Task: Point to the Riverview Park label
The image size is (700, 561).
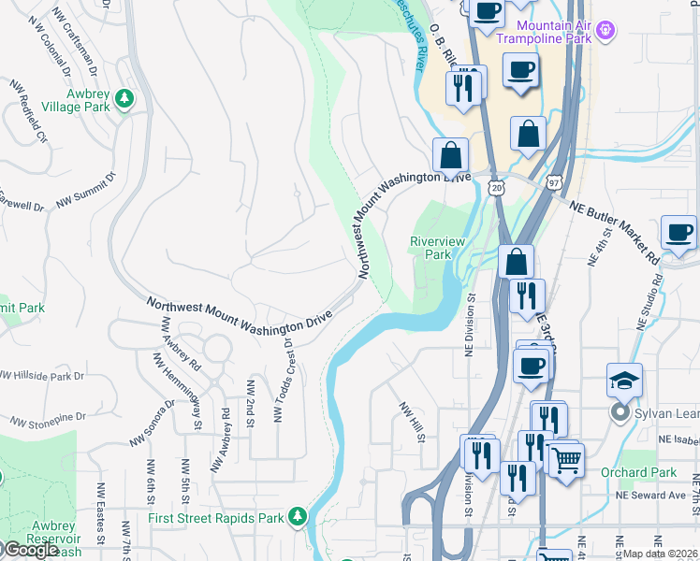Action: (x=437, y=248)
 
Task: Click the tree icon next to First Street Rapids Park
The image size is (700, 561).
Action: (x=298, y=516)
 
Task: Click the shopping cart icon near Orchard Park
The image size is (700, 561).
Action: (x=565, y=460)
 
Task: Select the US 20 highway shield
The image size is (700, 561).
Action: (x=495, y=189)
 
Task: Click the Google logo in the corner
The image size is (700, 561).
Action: (x=30, y=550)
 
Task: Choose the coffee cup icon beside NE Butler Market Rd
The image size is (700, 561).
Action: (x=678, y=233)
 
